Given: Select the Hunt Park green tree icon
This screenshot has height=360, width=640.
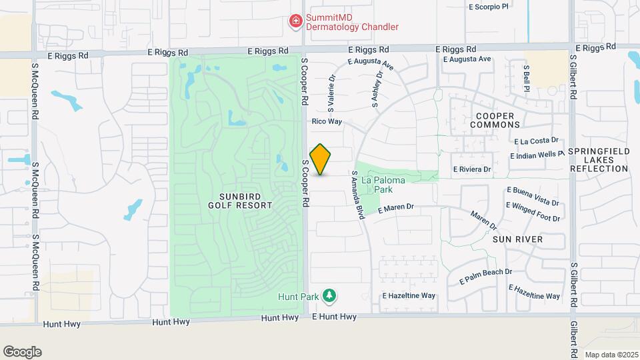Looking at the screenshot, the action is [328, 295].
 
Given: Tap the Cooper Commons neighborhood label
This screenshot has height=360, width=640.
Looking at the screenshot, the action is [495, 121].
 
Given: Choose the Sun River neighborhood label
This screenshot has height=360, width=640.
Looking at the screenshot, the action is [517, 239].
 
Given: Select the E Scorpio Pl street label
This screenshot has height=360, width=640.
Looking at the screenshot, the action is [489, 7].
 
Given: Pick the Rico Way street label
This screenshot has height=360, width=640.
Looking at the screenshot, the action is [327, 122].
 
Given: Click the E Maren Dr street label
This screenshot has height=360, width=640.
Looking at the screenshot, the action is [396, 209].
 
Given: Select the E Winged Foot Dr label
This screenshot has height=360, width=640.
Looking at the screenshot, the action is [534, 211].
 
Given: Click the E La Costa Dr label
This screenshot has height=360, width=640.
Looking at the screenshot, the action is [539, 141].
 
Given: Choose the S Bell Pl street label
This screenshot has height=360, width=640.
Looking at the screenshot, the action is [526, 78].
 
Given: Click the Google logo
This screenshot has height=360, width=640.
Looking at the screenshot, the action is [22, 352].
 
